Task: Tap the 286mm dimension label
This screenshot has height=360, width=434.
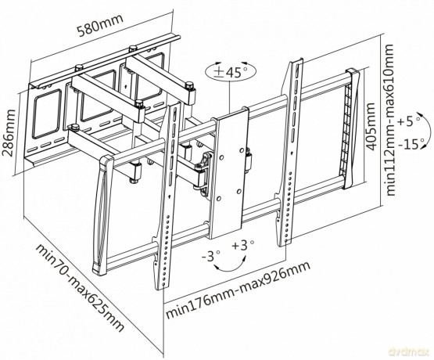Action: (x=9, y=133)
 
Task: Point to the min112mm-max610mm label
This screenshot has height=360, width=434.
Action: (x=389, y=120)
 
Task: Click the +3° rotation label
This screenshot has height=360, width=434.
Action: (x=242, y=246)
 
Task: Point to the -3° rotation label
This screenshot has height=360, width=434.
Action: (x=210, y=256)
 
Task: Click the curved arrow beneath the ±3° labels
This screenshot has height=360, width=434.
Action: (x=230, y=268)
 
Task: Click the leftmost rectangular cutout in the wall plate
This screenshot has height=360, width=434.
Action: (x=46, y=114)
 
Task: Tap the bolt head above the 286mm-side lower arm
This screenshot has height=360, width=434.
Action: (x=74, y=128)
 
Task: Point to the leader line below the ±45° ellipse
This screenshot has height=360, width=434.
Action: (x=230, y=97)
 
